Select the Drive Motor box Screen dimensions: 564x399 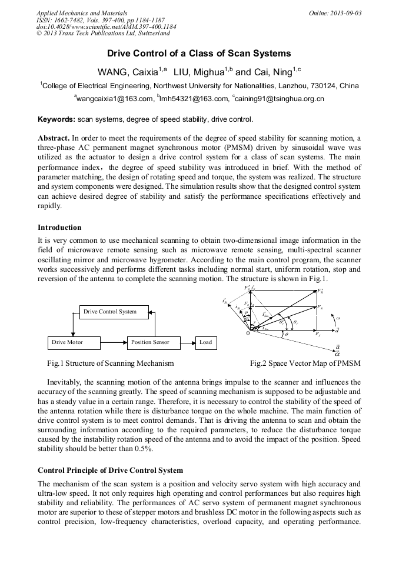pyautogui.click(x=68, y=342)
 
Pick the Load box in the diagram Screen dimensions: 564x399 pyautogui.click(x=205, y=342)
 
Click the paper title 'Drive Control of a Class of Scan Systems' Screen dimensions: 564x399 pyautogui.click(x=199, y=54)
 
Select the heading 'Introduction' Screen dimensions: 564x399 pyautogui.click(x=59, y=228)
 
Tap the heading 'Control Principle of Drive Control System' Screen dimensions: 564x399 pyautogui.click(x=110, y=470)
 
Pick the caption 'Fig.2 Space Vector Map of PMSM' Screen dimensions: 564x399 pyautogui.click(x=305, y=363)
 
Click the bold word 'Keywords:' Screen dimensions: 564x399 pyautogui.click(x=56, y=120)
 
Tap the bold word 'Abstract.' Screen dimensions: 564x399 pyautogui.click(x=54, y=137)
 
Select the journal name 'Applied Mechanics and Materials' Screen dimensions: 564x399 pyautogui.click(x=81, y=13)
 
